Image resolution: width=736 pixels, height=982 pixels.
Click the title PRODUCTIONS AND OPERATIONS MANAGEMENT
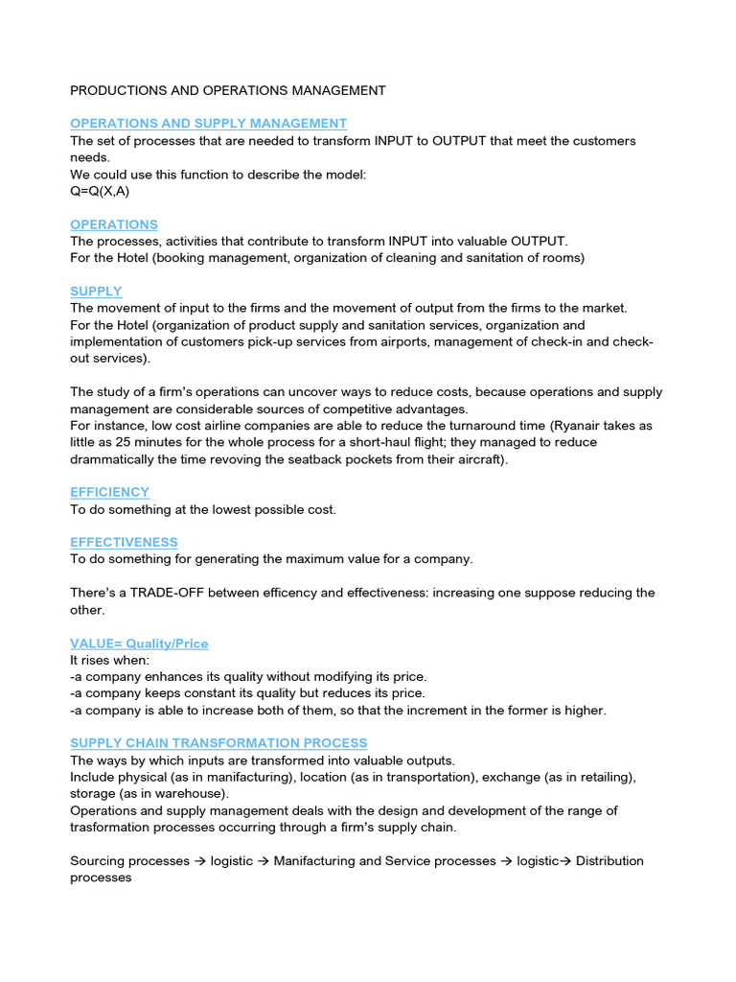pos(228,91)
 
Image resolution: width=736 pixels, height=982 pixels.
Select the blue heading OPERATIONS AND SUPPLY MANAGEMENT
pos(208,124)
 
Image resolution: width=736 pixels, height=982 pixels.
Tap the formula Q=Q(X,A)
pos(100,191)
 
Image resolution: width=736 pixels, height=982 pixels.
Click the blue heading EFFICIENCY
pos(109,493)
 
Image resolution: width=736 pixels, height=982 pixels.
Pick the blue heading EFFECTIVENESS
pos(124,543)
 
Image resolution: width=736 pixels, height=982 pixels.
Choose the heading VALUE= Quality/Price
pos(139,643)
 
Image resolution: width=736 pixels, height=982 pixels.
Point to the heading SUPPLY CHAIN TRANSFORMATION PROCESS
pos(218,743)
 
